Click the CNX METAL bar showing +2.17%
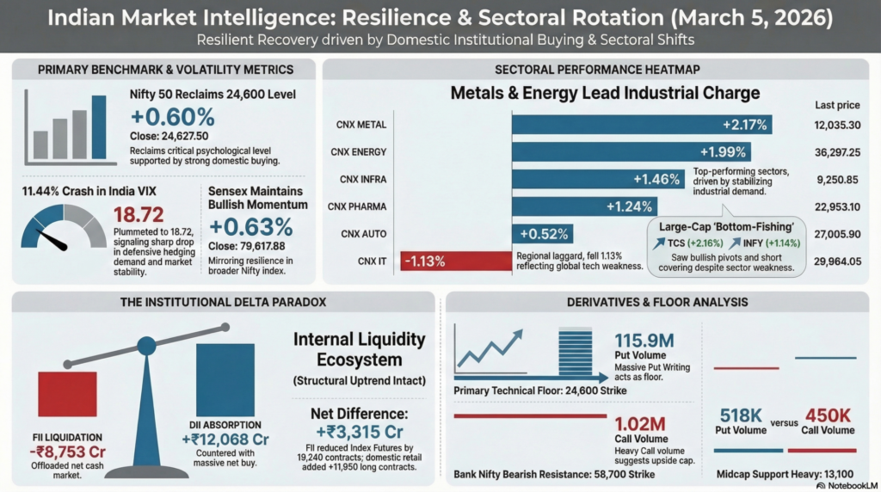coord(641,125)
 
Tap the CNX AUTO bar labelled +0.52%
coord(543,234)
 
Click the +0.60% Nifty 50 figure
coord(172,117)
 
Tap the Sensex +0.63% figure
coord(250,227)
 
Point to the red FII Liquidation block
coord(67,394)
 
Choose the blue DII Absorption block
coord(225,380)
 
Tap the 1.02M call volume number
coord(640,424)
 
